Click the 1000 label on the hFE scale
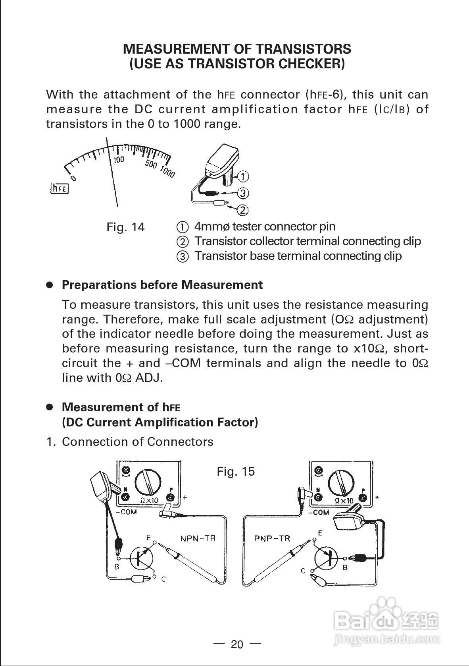(167, 172)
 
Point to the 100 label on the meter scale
(119, 160)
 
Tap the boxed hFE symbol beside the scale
(60, 188)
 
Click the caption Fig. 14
(125, 227)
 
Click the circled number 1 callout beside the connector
(243, 176)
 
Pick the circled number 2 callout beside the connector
(243, 209)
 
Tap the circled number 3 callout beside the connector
(243, 193)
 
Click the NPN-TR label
(198, 538)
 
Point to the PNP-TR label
(272, 538)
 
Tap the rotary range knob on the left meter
(148, 482)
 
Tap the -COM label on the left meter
(126, 512)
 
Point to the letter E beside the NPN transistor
(149, 538)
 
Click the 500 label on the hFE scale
(151, 164)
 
